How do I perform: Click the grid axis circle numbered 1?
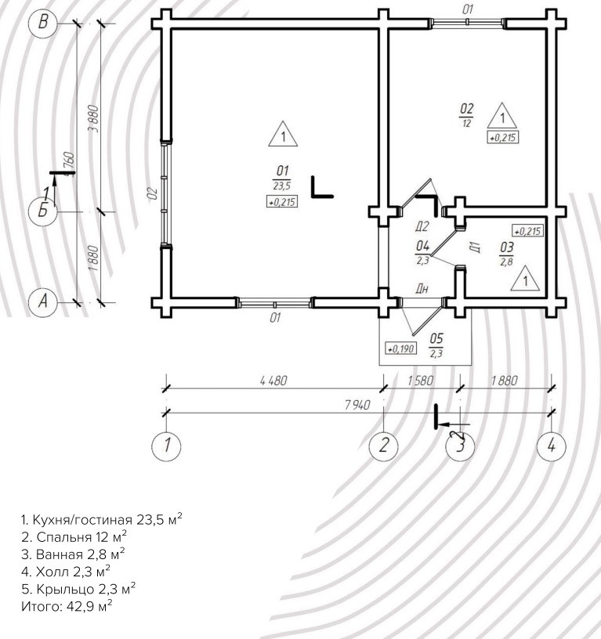point(166,445)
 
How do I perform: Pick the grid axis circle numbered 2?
point(384,445)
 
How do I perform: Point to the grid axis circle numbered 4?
point(552,445)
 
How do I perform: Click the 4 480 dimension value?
point(273,381)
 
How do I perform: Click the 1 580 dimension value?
point(422,381)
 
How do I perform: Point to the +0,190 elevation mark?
point(400,348)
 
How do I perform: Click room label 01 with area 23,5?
point(283,177)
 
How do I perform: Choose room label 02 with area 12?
point(466,114)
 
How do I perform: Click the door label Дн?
point(422,289)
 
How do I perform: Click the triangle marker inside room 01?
point(283,135)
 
